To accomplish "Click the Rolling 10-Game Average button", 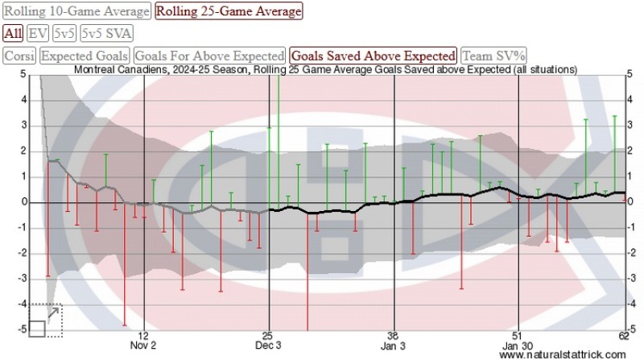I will pyautogui.click(x=77, y=11).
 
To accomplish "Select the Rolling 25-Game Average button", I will pyautogui.click(x=229, y=11).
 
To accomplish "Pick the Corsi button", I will pyautogui.click(x=19, y=56).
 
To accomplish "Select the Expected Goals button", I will pyautogui.click(x=85, y=56).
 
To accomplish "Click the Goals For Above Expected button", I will pyautogui.click(x=209, y=56).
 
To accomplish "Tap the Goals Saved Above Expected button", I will pyautogui.click(x=374, y=56).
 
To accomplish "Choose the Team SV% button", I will pyautogui.click(x=494, y=56).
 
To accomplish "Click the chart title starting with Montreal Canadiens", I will pyautogui.click(x=325, y=70).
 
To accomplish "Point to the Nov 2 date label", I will pyautogui.click(x=143, y=346).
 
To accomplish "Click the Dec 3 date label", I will pyautogui.click(x=268, y=346).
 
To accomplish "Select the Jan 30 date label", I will pyautogui.click(x=517, y=346).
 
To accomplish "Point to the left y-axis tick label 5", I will pyautogui.click(x=24, y=74).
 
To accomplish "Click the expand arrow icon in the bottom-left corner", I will pyautogui.click(x=53, y=312).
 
